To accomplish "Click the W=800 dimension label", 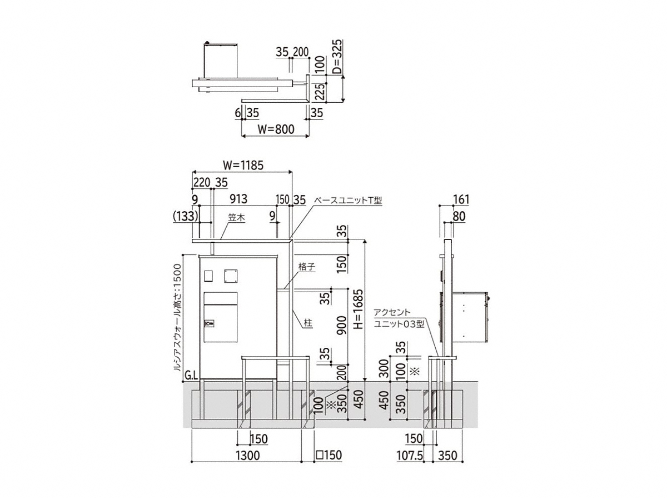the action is [276, 129].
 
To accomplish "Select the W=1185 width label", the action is [243, 166].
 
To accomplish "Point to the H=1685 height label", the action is [359, 309].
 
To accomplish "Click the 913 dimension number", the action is [238, 199].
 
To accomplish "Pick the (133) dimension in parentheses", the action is [185, 217].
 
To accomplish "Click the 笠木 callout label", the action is [236, 218].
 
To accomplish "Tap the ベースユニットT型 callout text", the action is [347, 201].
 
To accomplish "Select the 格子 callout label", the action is [307, 267].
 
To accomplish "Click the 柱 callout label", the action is [308, 323].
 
